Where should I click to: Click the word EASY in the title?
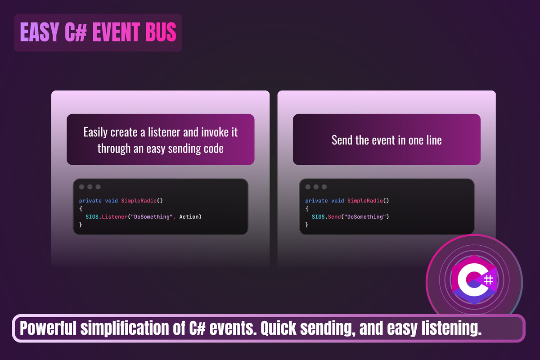(x=40, y=32)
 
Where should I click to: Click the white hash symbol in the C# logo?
(x=488, y=280)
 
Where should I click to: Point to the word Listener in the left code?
(x=114, y=217)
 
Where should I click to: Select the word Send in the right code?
(x=334, y=217)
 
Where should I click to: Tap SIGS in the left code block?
(x=92, y=217)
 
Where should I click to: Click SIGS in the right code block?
(x=318, y=217)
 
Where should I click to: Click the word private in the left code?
(x=90, y=201)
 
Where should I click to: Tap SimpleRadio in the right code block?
(x=365, y=201)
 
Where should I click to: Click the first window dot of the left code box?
(x=82, y=187)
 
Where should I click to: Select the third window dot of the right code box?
(x=324, y=187)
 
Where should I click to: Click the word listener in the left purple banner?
(x=164, y=132)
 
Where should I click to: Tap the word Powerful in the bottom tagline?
(x=48, y=328)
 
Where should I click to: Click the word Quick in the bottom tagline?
(x=278, y=328)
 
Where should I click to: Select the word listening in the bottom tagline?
(x=451, y=328)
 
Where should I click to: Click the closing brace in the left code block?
(x=81, y=225)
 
